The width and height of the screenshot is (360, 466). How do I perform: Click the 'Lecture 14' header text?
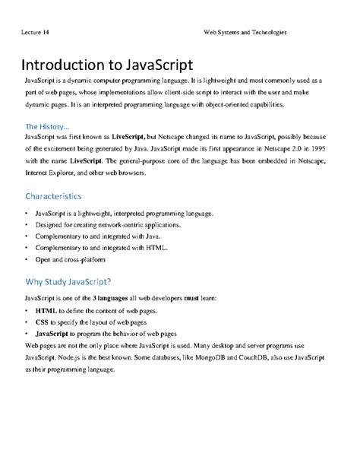click(36, 33)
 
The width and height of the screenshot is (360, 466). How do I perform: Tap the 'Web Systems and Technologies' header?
click(245, 33)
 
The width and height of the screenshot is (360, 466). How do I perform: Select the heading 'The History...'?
click(47, 125)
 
